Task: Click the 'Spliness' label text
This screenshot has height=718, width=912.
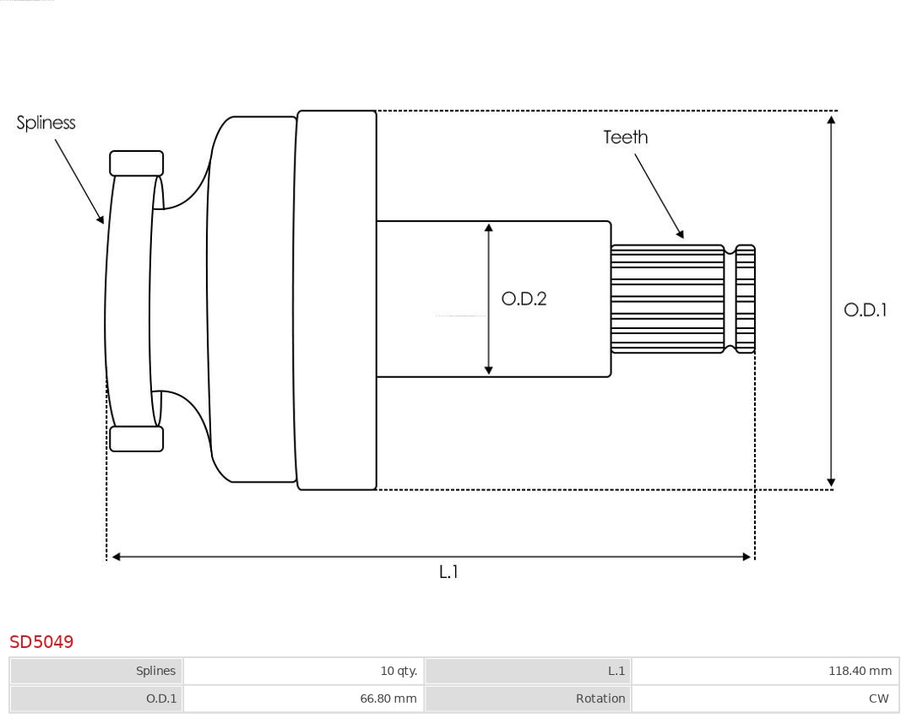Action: pos(46,123)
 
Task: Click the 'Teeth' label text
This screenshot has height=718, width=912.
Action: pos(626,138)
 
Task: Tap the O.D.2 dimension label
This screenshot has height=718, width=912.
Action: pos(524,299)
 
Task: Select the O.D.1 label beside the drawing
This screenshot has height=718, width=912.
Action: pos(866,310)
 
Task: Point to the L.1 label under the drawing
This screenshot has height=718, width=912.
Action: pos(448,572)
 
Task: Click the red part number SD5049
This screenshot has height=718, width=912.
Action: pos(41,642)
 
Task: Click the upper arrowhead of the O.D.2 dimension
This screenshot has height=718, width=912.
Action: pos(489,227)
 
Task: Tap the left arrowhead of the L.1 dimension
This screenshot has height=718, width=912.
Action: pos(117,557)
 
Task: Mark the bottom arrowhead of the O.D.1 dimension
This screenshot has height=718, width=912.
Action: pos(832,483)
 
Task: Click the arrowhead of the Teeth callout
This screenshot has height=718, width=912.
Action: pos(681,234)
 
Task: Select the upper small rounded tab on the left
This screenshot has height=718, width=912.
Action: pos(137,164)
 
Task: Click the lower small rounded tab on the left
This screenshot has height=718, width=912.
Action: pos(137,439)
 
